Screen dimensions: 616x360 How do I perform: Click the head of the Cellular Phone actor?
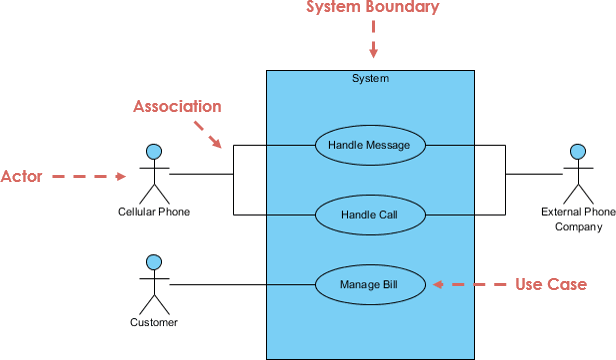[154, 152]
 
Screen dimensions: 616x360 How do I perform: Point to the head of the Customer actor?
[154, 262]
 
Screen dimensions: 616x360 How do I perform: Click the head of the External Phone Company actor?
[578, 152]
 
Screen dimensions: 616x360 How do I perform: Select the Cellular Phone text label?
[154, 212]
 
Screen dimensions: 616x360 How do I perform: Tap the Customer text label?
[154, 322]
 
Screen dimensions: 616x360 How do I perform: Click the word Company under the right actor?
[579, 227]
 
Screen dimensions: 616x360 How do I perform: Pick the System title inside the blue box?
[370, 79]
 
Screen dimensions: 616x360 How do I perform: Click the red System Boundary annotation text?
[373, 7]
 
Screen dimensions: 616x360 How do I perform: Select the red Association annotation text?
[177, 107]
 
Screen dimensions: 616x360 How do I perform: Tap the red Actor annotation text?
[22, 176]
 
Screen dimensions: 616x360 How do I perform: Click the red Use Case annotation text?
[551, 284]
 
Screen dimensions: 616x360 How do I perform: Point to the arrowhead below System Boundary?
[373, 53]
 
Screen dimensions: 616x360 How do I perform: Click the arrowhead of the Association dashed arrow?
[216, 142]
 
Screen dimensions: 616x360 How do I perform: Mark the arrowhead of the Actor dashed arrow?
[121, 176]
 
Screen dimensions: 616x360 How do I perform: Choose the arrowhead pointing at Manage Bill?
[438, 284]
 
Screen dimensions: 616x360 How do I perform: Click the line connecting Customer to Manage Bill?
[242, 285]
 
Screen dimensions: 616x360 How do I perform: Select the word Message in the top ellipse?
[388, 145]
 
